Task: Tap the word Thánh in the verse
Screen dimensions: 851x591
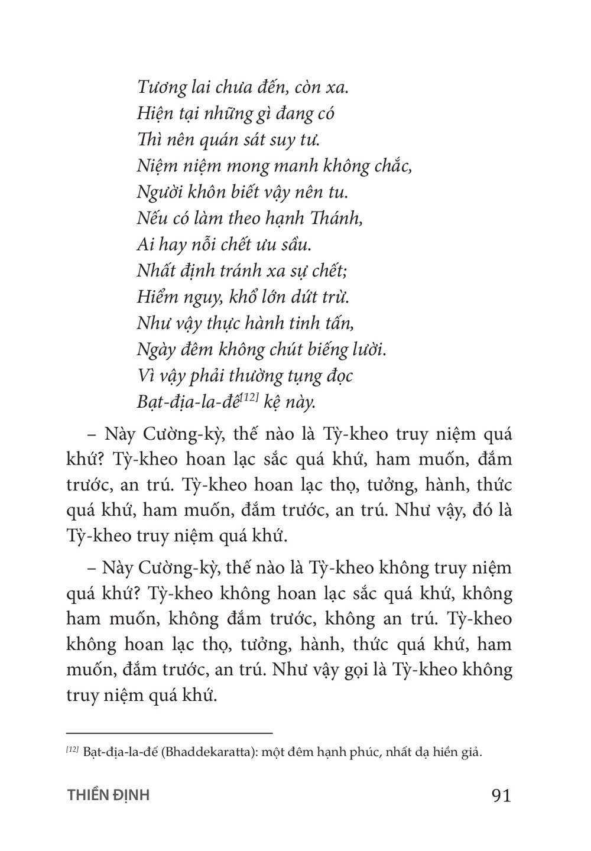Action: pyautogui.click(x=339, y=218)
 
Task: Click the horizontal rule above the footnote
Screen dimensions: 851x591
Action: pyautogui.click(x=170, y=733)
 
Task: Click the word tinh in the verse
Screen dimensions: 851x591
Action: pyautogui.click(x=303, y=323)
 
